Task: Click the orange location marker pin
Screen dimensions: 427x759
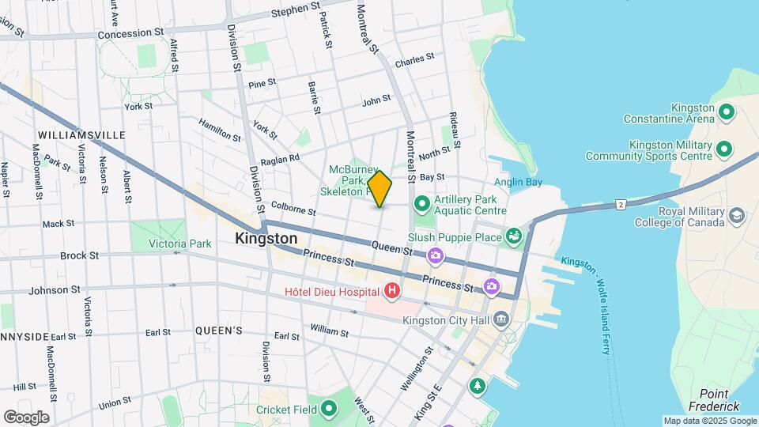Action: [379, 189]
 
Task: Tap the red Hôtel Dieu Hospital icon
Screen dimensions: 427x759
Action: [391, 293]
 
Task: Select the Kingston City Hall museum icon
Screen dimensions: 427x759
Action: [500, 320]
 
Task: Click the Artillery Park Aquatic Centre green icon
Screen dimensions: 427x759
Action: [421, 204]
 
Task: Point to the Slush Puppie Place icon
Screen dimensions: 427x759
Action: [515, 236]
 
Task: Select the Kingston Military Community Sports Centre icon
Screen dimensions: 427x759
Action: [723, 149]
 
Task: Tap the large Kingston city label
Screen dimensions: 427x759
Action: [266, 238]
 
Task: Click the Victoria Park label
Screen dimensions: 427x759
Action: [179, 244]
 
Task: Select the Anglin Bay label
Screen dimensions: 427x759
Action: [519, 182]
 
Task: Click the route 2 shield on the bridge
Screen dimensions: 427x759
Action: [621, 205]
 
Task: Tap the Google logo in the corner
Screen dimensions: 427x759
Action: [26, 417]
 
